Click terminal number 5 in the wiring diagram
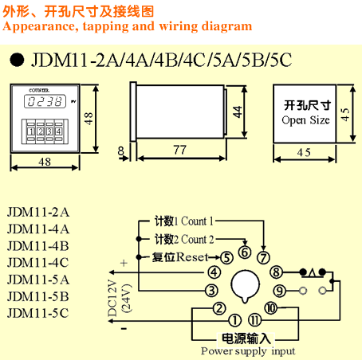pos(226,257)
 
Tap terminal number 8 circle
pos(276,272)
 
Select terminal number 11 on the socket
pos(254,320)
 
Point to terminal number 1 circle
pos(235,320)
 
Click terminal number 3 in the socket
pos(211,291)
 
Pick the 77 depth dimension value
pos(179,150)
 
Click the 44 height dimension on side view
pos(238,112)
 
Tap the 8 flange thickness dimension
pos(121,151)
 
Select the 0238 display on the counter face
pos(45,101)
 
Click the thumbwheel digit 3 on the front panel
pos(49,131)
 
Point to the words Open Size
pos(305,120)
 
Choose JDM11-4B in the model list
pos(38,246)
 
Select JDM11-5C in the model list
pos(38,313)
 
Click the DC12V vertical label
pos(112,298)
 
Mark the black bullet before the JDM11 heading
pos(17,60)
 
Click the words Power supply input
pos(248,351)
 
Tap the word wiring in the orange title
pos(178,26)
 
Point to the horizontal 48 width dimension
pos(45,162)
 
